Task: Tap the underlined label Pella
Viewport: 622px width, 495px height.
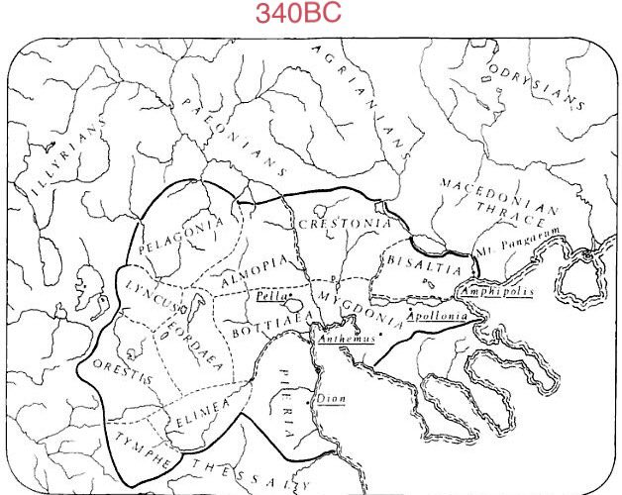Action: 266,294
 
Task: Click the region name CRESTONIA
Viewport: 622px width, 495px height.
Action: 344,225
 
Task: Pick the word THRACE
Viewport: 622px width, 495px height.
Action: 510,207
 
